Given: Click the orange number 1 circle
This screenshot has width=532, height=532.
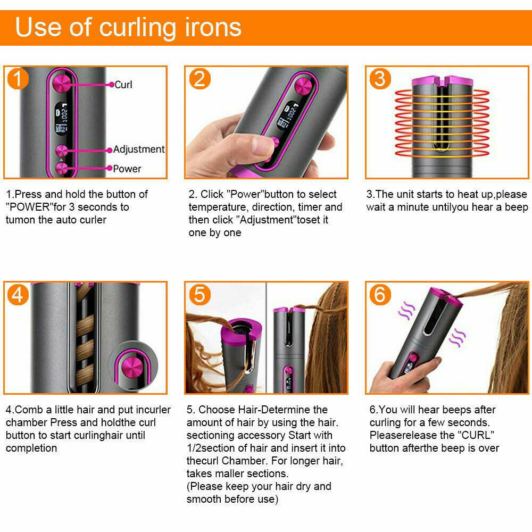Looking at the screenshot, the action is pyautogui.click(x=18, y=79).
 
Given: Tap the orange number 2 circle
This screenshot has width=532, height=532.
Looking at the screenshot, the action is pyautogui.click(x=200, y=79).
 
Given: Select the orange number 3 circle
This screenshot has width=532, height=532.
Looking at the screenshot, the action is pyautogui.click(x=380, y=79).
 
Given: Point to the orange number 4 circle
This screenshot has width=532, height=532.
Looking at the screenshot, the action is pyautogui.click(x=18, y=295).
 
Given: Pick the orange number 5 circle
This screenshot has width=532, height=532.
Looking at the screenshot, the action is pyautogui.click(x=200, y=295).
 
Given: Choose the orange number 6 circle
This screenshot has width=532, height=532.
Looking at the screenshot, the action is pyautogui.click(x=380, y=295).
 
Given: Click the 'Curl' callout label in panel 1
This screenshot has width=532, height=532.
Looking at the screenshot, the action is pyautogui.click(x=123, y=85).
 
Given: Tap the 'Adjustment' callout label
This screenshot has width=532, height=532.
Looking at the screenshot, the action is pyautogui.click(x=139, y=149).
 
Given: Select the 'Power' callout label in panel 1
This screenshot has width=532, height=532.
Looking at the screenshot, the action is pyautogui.click(x=127, y=169).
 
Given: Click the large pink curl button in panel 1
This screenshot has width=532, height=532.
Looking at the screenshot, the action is pyautogui.click(x=62, y=83).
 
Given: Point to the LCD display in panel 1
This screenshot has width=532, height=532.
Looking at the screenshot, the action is pyautogui.click(x=61, y=118).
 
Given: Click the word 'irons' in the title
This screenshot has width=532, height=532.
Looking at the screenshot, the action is pyautogui.click(x=213, y=27).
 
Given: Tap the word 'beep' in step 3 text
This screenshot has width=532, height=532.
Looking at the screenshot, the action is pyautogui.click(x=516, y=207).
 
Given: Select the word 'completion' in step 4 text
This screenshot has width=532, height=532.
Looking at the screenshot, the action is pyautogui.click(x=31, y=448).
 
